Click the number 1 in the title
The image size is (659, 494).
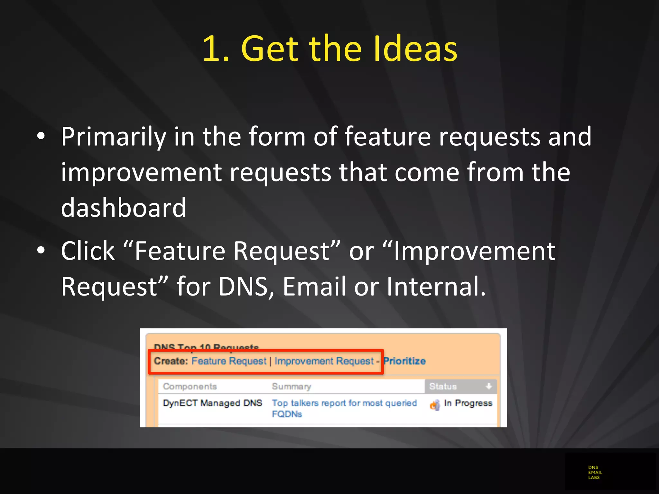pos(212,49)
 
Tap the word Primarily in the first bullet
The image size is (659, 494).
pos(113,137)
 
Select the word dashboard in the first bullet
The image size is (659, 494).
pos(124,208)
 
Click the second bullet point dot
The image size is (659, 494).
pos(41,251)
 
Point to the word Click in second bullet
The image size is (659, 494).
pos(88,251)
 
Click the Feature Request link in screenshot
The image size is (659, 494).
pos(229,361)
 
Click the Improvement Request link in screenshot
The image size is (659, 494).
pos(324,361)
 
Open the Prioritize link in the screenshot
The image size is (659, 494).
pos(404,361)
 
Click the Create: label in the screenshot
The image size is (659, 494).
pos(171,361)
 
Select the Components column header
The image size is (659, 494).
pos(190,386)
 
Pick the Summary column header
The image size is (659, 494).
pos(291,386)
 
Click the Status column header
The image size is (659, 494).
pos(443,386)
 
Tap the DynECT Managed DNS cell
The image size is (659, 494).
pos(212,403)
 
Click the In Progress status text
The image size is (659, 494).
pos(468,403)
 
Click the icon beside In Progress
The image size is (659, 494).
pos(435,405)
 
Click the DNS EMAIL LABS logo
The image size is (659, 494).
pos(595,472)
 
